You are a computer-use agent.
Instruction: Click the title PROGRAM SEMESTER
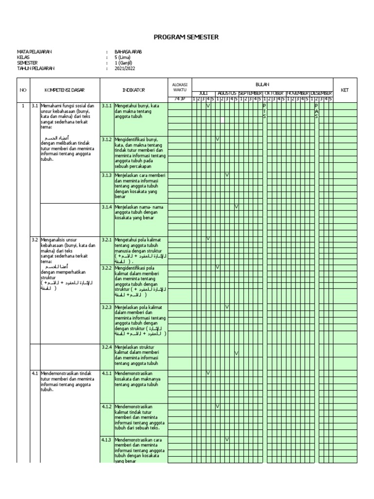coord(187,37)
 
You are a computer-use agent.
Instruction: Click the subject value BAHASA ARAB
coord(128,52)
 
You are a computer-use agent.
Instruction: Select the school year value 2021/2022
coord(125,69)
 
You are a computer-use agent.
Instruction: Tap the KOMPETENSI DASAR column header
coord(65,90)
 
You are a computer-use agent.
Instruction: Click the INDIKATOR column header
coord(133,90)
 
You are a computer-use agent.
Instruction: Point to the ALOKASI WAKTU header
coord(180,86)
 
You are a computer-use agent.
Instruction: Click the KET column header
coord(345,90)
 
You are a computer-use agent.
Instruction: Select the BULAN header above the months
coord(262,84)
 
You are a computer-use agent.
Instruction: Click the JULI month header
coord(204,93)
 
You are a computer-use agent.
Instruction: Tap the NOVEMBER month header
coord(298,93)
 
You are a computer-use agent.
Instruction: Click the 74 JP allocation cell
coord(180,99)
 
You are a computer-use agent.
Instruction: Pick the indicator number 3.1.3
coord(107,175)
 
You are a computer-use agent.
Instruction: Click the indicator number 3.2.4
coord(107,347)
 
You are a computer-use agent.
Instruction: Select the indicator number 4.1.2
coord(107,406)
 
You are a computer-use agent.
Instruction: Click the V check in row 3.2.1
coord(208,239)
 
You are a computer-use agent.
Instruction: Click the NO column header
coord(22,90)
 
